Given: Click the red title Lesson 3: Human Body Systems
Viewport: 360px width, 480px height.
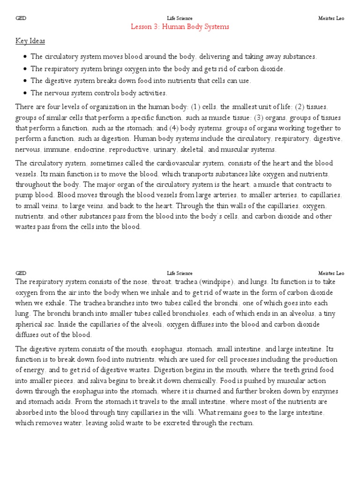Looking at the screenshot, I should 180,27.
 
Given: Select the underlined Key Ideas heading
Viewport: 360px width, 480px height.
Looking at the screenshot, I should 30,41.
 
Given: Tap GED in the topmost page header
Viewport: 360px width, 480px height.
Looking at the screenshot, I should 21,18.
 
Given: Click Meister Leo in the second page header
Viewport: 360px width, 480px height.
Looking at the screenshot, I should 331,273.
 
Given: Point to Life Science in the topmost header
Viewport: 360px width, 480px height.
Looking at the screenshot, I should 180,18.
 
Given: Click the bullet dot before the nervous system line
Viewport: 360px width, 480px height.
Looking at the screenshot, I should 24,93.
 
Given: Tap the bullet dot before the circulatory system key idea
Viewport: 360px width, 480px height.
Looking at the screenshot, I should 24,57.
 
